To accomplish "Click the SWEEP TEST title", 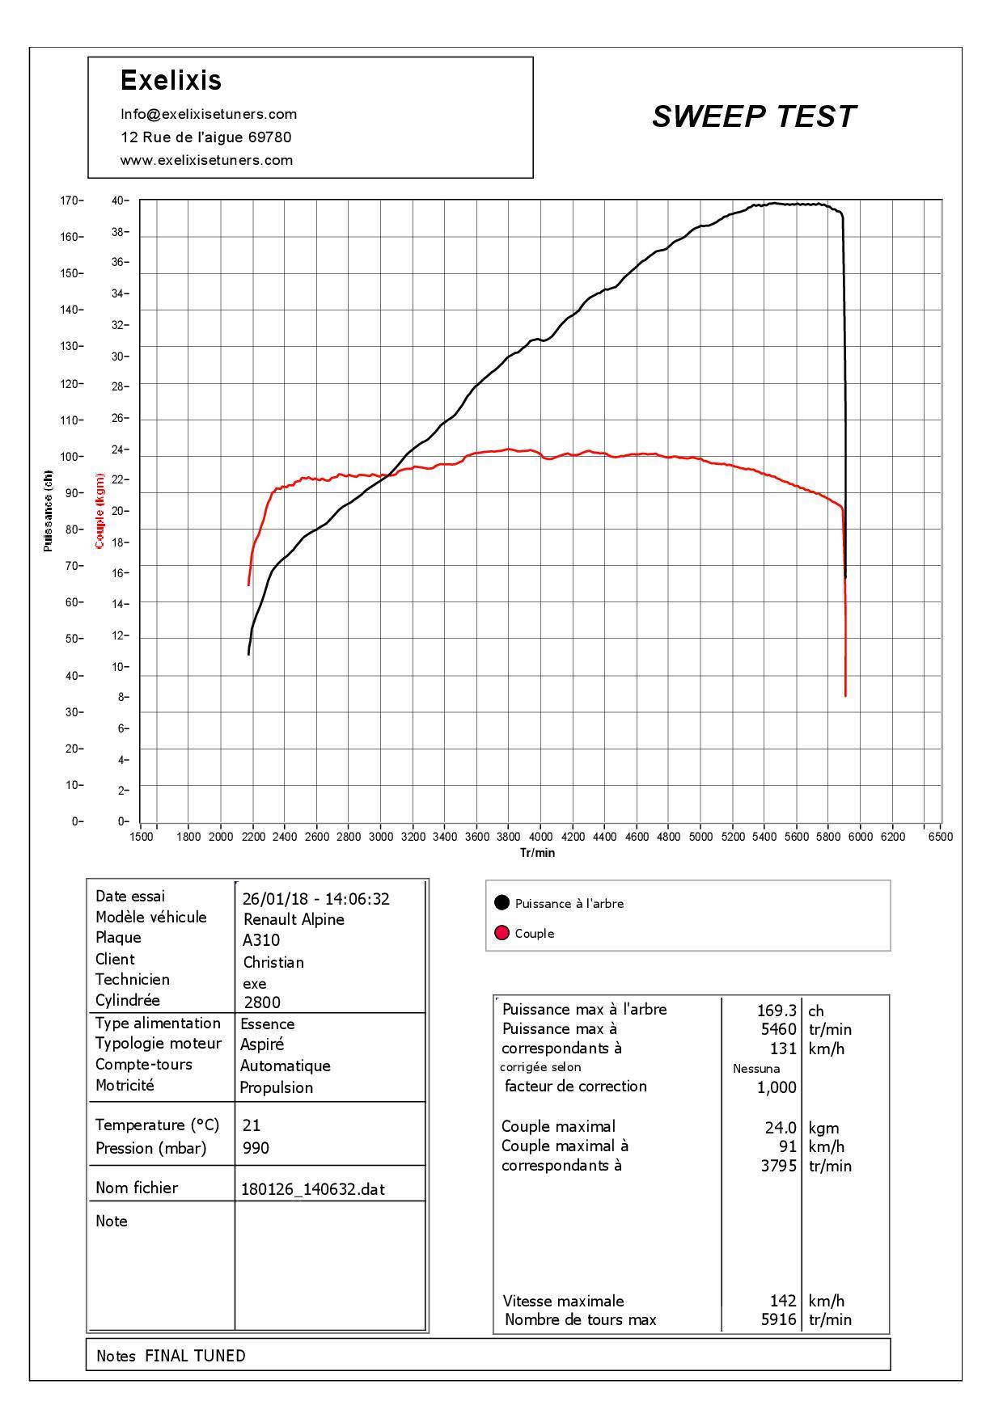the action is pyautogui.click(x=753, y=116).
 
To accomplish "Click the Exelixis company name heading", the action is pyautogui.click(x=171, y=80).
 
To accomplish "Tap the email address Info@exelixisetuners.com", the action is pyautogui.click(x=209, y=114).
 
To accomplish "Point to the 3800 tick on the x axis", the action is pyautogui.click(x=508, y=837).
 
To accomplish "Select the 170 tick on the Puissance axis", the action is pyautogui.click(x=70, y=200).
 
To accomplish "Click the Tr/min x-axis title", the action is pyautogui.click(x=538, y=852).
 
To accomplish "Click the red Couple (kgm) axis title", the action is pyautogui.click(x=99, y=511).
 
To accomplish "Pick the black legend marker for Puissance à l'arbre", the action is pyautogui.click(x=501, y=903).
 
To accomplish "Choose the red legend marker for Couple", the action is pyautogui.click(x=501, y=933).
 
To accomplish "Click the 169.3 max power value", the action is pyautogui.click(x=777, y=1011).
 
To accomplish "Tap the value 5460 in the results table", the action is pyautogui.click(x=779, y=1029).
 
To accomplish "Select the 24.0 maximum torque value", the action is pyautogui.click(x=781, y=1128).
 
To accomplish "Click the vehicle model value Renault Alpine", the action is pyautogui.click(x=294, y=919).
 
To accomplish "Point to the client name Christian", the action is pyautogui.click(x=273, y=962).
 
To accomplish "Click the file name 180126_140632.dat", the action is pyautogui.click(x=313, y=1189).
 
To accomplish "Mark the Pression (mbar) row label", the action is pyautogui.click(x=150, y=1148).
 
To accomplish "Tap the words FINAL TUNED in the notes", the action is pyautogui.click(x=195, y=1356).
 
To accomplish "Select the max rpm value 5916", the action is pyautogui.click(x=779, y=1320).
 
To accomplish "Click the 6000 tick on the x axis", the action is pyautogui.click(x=861, y=837).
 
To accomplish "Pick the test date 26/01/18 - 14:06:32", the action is pyautogui.click(x=316, y=899).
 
